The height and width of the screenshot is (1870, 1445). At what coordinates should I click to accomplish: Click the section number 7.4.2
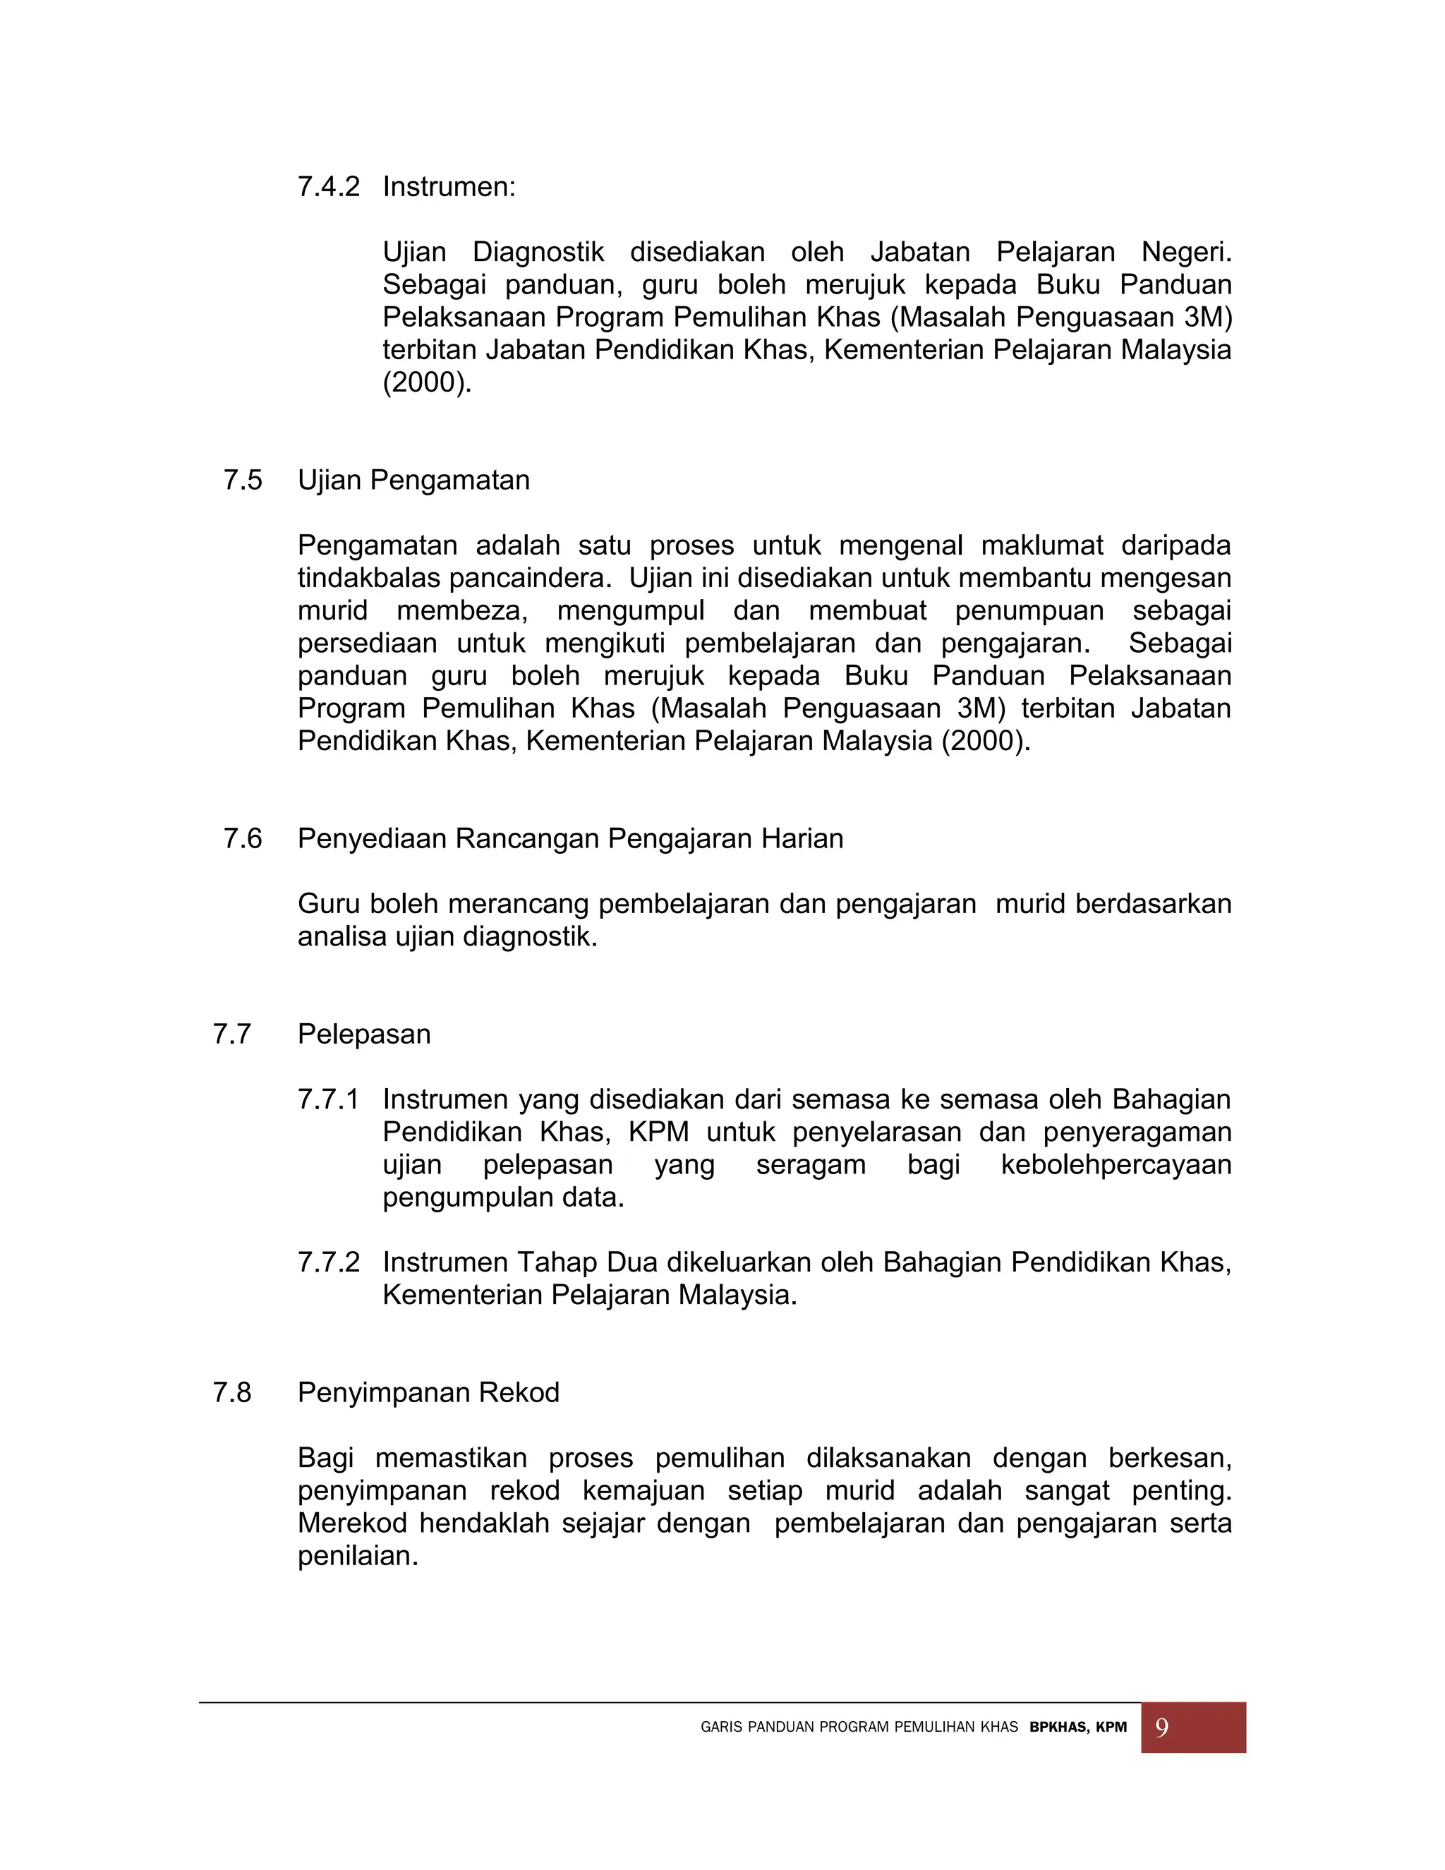328,187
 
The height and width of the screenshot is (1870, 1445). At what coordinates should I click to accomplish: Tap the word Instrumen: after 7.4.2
449,187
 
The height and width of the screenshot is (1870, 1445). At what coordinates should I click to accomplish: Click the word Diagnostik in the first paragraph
538,253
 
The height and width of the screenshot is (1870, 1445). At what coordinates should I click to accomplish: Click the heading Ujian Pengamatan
413,481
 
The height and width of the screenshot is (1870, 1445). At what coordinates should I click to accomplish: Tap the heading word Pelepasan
364,1034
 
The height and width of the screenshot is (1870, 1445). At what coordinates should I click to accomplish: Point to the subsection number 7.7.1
328,1099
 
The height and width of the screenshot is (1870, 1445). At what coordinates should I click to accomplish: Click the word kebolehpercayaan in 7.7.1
1116,1164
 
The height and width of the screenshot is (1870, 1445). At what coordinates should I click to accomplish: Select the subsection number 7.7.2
328,1262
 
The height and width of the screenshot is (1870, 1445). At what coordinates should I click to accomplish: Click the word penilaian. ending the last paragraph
358,1556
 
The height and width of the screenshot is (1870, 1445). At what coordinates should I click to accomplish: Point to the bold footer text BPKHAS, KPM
1078,1728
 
